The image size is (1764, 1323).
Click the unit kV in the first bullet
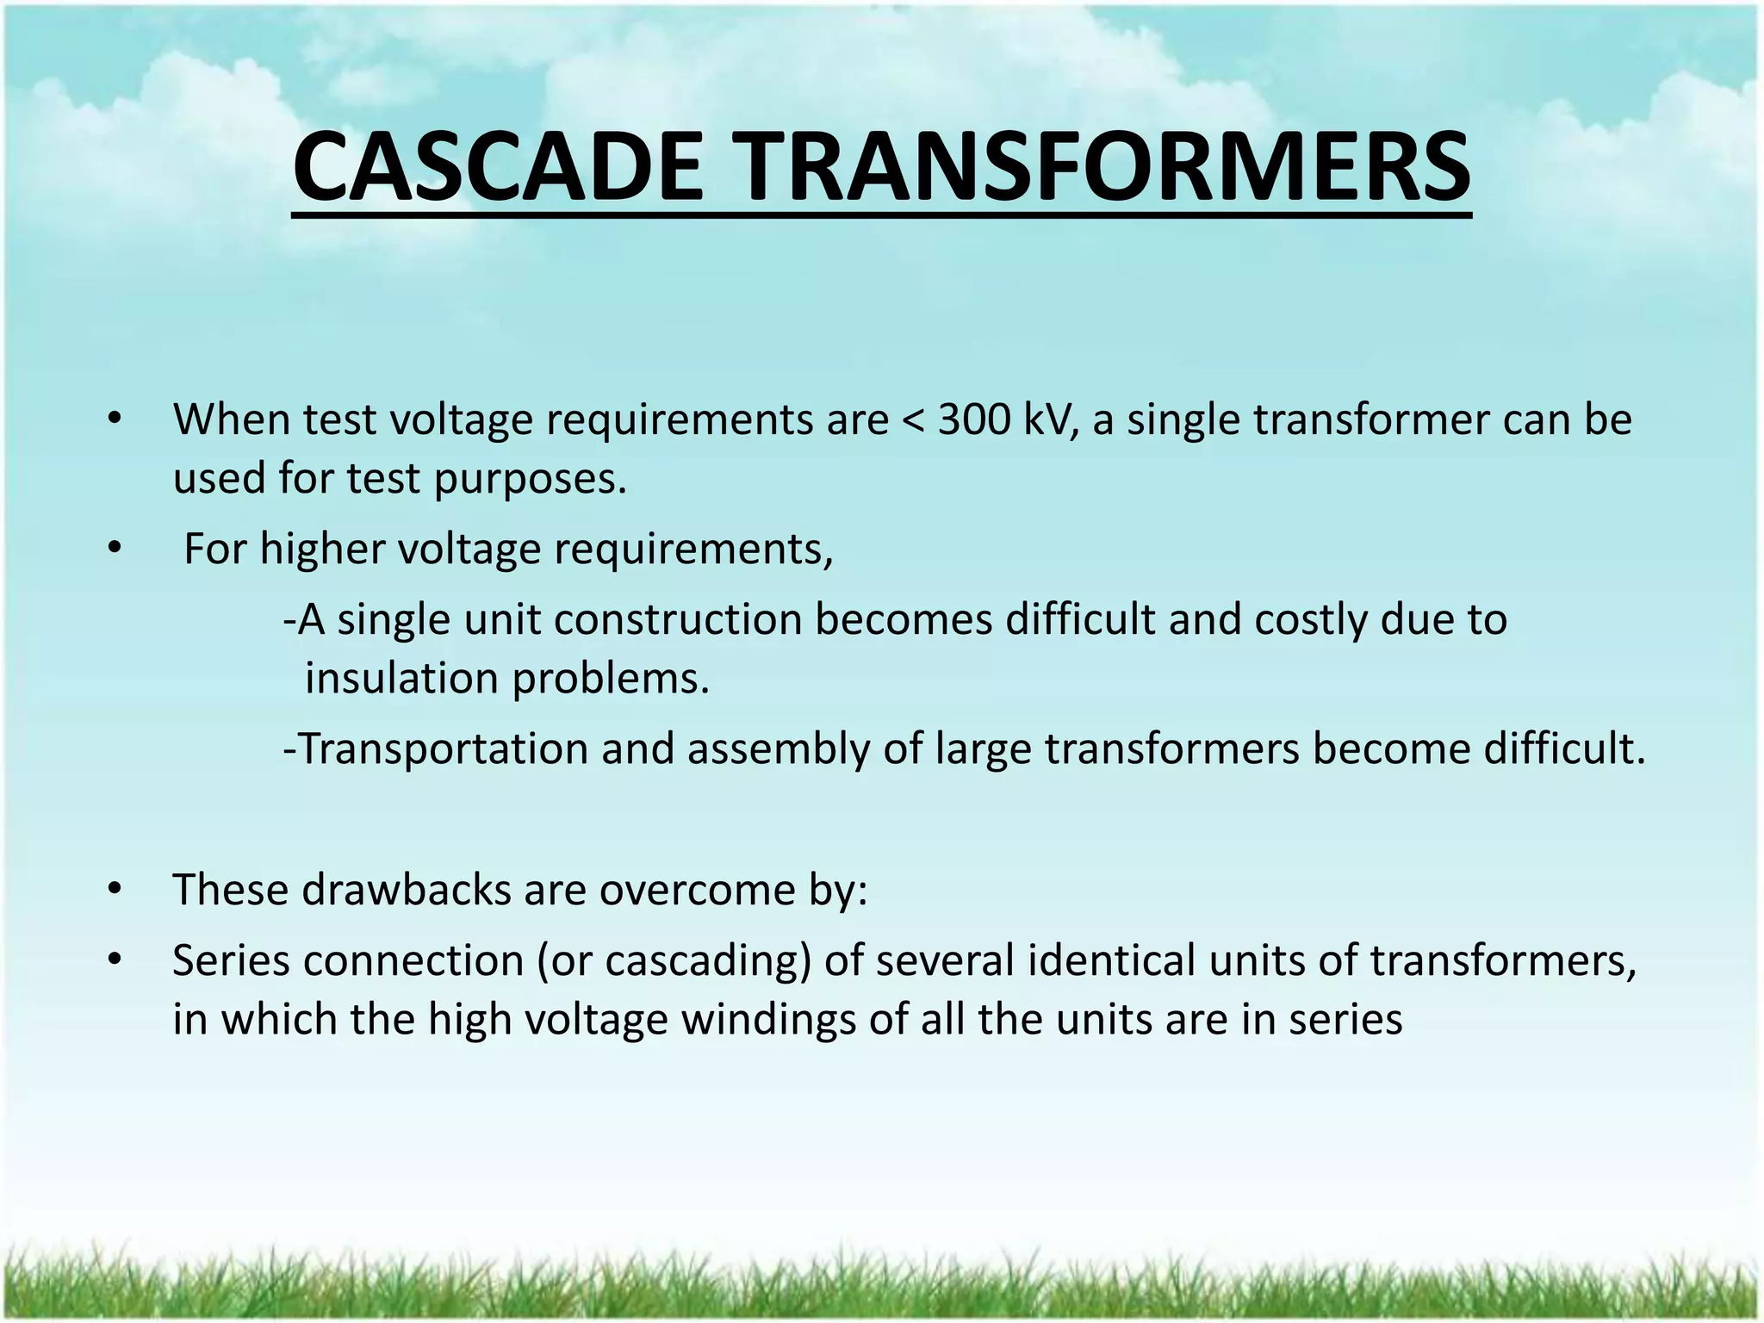1050,420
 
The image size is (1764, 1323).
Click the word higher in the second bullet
321,550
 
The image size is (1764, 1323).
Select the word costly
1310,620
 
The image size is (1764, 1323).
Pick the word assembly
779,748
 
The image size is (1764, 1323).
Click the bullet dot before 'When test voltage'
113,421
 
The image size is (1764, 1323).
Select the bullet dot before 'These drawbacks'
113,890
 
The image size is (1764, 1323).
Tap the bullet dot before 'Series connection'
113,960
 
